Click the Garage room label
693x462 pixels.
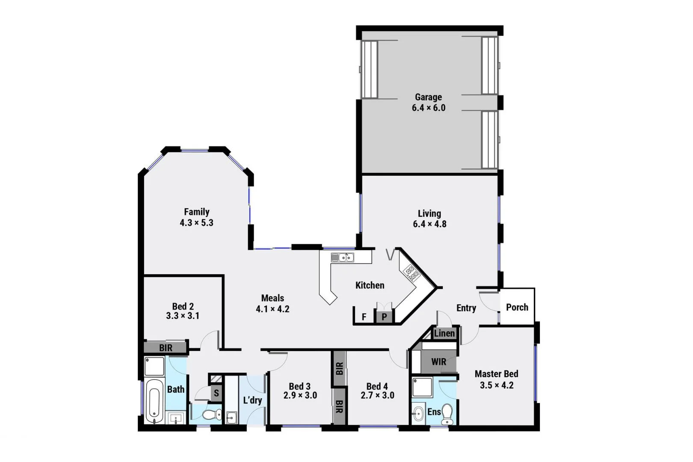pyautogui.click(x=428, y=97)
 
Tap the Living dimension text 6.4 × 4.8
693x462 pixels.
pyautogui.click(x=429, y=224)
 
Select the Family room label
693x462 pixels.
pyautogui.click(x=196, y=212)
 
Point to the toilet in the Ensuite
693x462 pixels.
pyautogui.click(x=447, y=413)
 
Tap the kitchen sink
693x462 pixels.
pyautogui.click(x=342, y=258)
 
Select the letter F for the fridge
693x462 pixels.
pyautogui.click(x=364, y=317)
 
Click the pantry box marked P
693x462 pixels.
pyautogui.click(x=384, y=317)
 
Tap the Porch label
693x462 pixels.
pyautogui.click(x=517, y=307)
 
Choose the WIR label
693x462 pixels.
pyautogui.click(x=438, y=362)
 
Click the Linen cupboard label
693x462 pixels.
pyautogui.click(x=444, y=333)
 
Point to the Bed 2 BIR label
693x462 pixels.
pyautogui.click(x=166, y=348)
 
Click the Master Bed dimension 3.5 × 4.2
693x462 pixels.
pyautogui.click(x=496, y=385)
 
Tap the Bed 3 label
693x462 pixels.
pyautogui.click(x=299, y=387)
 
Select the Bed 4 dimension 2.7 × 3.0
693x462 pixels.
pyautogui.click(x=377, y=396)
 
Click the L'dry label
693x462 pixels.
pyautogui.click(x=252, y=400)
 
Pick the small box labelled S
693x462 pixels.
pyautogui.click(x=216, y=393)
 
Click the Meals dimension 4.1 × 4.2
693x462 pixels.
pyautogui.click(x=272, y=309)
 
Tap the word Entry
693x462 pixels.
pyautogui.click(x=466, y=308)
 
